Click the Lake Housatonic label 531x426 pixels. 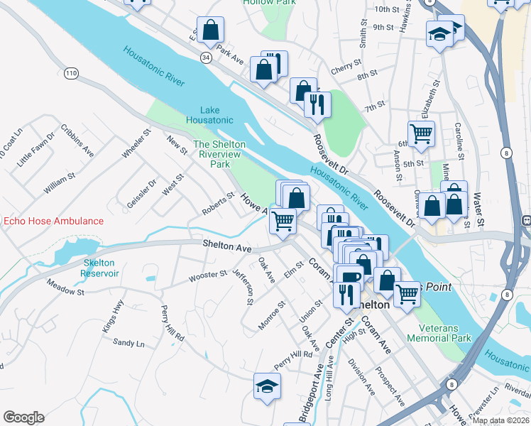[x=210, y=115]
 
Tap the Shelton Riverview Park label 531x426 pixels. [x=220, y=154]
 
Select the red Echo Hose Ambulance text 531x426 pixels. [x=53, y=221]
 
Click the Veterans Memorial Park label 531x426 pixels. [x=439, y=333]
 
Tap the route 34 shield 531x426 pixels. [x=205, y=58]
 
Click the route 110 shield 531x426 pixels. [x=70, y=72]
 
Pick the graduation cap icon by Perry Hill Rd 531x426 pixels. [x=267, y=386]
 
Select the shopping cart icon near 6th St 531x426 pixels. [x=421, y=133]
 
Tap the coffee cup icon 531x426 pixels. [x=348, y=276]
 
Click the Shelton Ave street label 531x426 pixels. [x=227, y=248]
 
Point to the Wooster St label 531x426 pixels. [x=208, y=275]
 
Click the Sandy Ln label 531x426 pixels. [x=128, y=343]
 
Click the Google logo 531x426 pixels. [x=23, y=417]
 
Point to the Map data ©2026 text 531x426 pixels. [x=500, y=420]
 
